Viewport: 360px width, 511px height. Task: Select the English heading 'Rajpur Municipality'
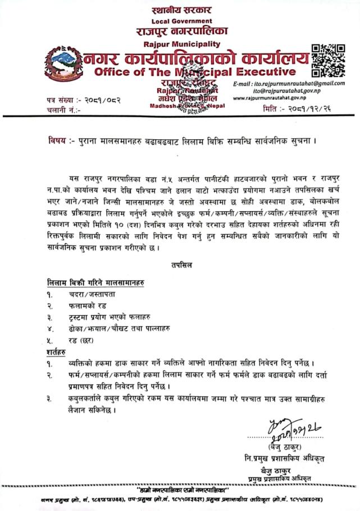click(x=180, y=44)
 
